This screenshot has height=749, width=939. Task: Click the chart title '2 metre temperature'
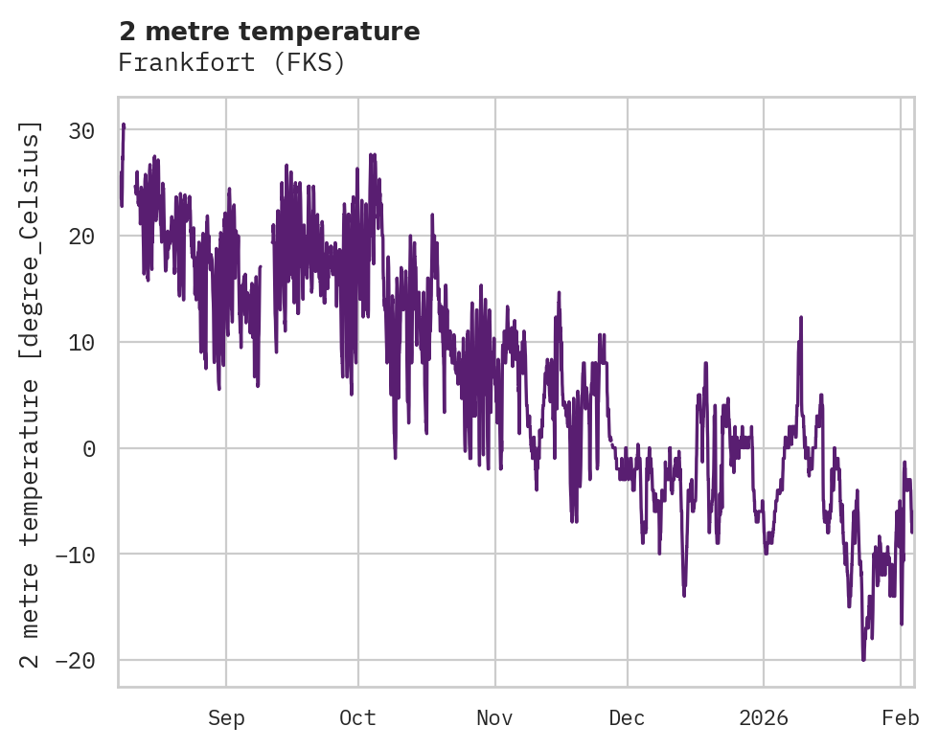pyautogui.click(x=269, y=32)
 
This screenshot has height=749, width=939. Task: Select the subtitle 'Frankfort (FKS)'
pyautogui.click(x=231, y=63)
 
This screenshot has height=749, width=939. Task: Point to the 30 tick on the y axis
pyautogui.click(x=83, y=130)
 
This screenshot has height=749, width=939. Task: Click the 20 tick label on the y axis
pyautogui.click(x=83, y=237)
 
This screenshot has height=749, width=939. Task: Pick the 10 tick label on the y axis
pyautogui.click(x=83, y=342)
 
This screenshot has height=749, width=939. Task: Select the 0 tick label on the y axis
pyautogui.click(x=89, y=448)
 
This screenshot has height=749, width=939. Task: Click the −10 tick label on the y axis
pyautogui.click(x=77, y=555)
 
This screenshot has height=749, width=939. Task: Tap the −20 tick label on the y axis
pyautogui.click(x=77, y=661)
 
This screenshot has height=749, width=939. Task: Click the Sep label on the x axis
pyautogui.click(x=226, y=718)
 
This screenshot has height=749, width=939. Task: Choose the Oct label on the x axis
pyautogui.click(x=357, y=718)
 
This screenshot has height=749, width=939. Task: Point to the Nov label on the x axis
pyautogui.click(x=495, y=718)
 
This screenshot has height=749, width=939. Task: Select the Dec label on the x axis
pyautogui.click(x=628, y=718)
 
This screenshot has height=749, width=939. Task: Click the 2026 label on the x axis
pyautogui.click(x=764, y=718)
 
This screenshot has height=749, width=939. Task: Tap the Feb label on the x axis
pyautogui.click(x=901, y=718)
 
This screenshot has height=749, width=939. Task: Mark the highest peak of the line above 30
pyautogui.click(x=124, y=125)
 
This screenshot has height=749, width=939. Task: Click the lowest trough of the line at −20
pyautogui.click(x=863, y=659)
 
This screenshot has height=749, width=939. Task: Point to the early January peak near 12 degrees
pyautogui.click(x=800, y=317)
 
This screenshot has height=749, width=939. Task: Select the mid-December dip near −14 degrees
pyautogui.click(x=684, y=595)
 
